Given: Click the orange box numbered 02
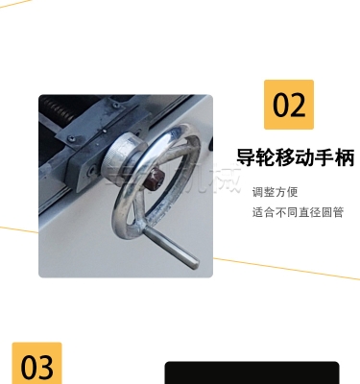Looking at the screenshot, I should tap(288, 104).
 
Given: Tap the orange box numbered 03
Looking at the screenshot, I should tap(36, 365).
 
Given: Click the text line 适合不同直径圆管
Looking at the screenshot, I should tap(298, 212).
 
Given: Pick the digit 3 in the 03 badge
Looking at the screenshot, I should tap(45, 366).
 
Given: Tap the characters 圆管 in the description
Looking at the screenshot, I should tap(333, 212).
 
